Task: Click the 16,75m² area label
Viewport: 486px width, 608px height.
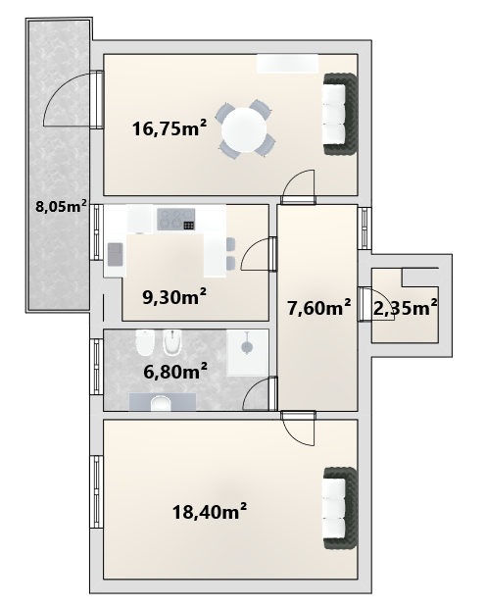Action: pos(170,127)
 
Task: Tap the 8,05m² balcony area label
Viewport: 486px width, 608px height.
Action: pos(61,206)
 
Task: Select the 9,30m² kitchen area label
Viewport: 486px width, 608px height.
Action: pos(174,297)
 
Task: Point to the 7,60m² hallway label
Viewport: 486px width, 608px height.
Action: pos(319,308)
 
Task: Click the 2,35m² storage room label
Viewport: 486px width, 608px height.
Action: pos(406,308)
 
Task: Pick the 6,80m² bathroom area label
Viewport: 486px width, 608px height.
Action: pos(175,372)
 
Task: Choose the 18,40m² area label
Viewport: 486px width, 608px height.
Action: pos(210,512)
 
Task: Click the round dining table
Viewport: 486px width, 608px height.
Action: pos(244,129)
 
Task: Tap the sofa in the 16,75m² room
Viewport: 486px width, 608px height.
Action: pos(339,115)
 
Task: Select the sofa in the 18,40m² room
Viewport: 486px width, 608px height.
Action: pos(339,508)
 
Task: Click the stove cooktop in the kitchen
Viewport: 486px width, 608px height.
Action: pos(176,219)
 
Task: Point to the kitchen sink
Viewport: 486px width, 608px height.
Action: pos(115,254)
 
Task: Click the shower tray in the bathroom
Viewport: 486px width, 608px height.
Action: pos(247,352)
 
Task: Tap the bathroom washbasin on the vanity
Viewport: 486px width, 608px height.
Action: pos(161,403)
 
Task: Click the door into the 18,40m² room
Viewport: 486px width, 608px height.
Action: pos(298,429)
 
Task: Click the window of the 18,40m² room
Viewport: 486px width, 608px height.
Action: pos(96,491)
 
